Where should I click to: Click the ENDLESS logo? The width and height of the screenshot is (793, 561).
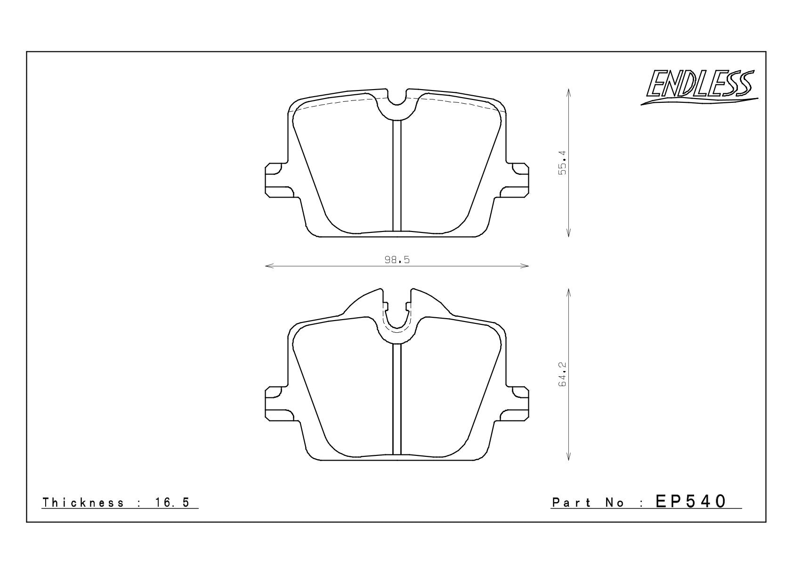pyautogui.click(x=699, y=86)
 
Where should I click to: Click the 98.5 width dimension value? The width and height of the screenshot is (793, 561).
pyautogui.click(x=397, y=260)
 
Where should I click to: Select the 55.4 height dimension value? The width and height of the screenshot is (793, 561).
pyautogui.click(x=563, y=163)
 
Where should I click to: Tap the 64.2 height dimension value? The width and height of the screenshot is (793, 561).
pyautogui.click(x=563, y=374)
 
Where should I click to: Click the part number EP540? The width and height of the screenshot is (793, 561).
pyautogui.click(x=691, y=502)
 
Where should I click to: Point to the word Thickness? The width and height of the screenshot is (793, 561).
pyautogui.click(x=83, y=503)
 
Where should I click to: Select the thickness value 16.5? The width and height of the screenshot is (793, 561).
pyautogui.click(x=172, y=503)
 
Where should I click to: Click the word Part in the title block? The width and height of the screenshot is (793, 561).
pyautogui.click(x=571, y=503)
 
